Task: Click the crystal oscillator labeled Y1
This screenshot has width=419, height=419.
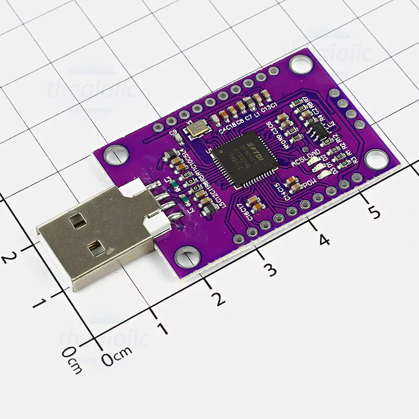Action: (197, 127)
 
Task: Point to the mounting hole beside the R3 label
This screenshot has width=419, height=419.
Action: (376, 159)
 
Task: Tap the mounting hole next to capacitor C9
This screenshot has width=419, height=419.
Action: (116, 154)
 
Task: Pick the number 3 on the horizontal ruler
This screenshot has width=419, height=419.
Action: (269, 269)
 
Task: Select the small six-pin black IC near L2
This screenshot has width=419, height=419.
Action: (319, 129)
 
